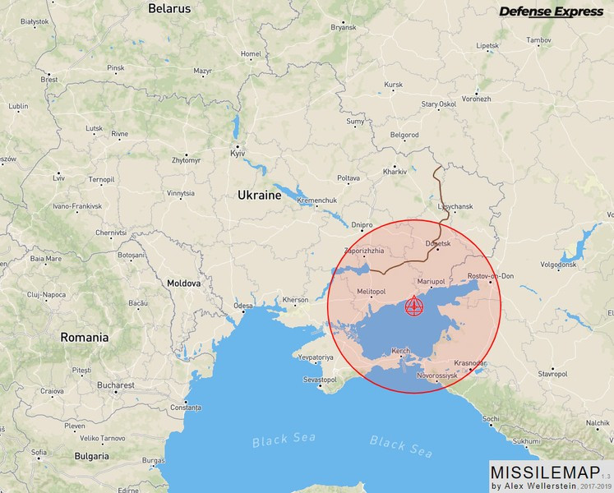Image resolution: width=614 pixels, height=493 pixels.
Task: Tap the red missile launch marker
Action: coord(414,308)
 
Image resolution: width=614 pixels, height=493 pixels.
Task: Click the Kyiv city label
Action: coord(238,154)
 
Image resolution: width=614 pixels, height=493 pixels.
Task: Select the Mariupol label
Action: coord(431,282)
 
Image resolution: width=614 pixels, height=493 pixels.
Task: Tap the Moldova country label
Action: coord(184,283)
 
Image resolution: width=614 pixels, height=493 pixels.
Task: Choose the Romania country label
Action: coord(85,337)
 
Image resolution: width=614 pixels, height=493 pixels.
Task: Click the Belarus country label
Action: coord(169,9)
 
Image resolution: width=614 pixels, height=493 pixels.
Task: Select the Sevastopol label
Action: coord(321,380)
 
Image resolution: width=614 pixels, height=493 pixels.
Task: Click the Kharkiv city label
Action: coord(395,172)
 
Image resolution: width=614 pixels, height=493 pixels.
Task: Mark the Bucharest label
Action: coord(113,385)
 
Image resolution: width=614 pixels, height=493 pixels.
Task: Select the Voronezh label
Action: coord(476,99)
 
